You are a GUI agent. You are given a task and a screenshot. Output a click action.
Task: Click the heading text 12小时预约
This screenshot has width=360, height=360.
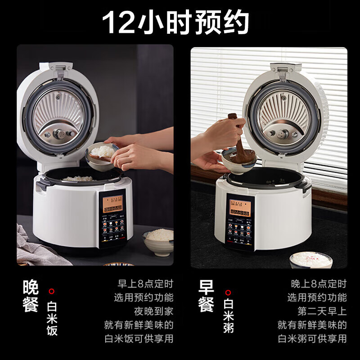175,22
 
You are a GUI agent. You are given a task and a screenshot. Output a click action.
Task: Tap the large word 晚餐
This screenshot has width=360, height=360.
31,297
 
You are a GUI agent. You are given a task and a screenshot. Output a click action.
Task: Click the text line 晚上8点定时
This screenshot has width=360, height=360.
319,284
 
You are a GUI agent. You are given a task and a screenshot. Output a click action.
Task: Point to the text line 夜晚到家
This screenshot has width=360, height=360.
153,311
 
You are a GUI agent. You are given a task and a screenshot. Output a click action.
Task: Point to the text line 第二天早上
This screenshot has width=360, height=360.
322,311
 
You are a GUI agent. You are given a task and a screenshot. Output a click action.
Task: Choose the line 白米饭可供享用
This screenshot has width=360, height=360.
139,338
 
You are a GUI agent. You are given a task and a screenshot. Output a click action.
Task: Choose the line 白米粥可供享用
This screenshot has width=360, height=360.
312,338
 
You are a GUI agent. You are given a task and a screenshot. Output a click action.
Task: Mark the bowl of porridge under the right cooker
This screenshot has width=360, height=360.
310,260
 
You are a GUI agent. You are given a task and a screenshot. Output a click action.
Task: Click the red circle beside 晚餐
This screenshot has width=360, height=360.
52,291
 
